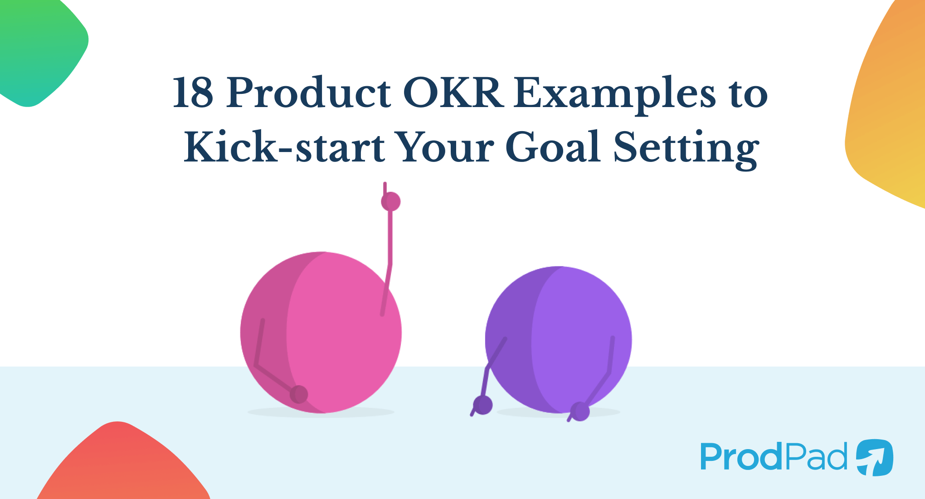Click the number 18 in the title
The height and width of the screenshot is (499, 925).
click(193, 93)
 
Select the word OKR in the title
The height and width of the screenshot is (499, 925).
click(453, 93)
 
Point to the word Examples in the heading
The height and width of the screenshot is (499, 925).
click(615, 95)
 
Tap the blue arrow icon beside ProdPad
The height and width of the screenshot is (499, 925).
click(875, 457)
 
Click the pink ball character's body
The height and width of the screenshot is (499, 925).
click(321, 333)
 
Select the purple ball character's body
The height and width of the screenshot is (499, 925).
click(559, 340)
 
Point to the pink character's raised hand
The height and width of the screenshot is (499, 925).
click(390, 201)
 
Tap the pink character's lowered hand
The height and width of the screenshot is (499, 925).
click(299, 394)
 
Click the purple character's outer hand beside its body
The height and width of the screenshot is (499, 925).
click(482, 405)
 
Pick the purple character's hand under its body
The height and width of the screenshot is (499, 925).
click(579, 411)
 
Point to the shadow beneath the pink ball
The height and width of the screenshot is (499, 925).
click(321, 412)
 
